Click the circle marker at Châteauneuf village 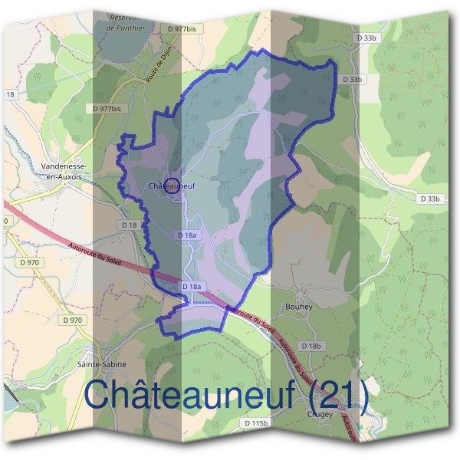pos(172,185)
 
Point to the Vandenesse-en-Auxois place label pos(64,172)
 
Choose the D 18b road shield pos(311,347)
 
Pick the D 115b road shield pos(257,423)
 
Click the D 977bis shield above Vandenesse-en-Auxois pos(106,109)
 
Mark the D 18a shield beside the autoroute pos(192,286)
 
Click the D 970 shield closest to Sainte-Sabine pos(73,320)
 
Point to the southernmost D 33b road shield pos(432,199)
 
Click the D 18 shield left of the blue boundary pos(129,225)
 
